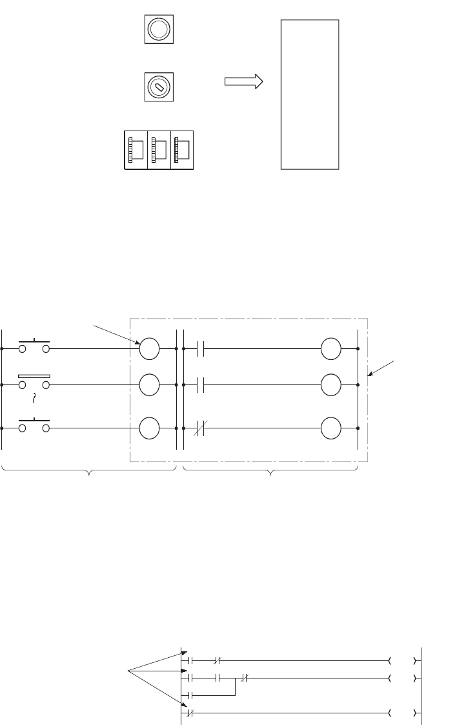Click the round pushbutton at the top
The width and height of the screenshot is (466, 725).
coord(157,28)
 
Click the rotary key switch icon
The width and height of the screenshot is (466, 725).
coord(157,86)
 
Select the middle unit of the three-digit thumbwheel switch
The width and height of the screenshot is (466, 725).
coord(159,151)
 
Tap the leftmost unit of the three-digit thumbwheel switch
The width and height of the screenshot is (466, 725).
coord(136,151)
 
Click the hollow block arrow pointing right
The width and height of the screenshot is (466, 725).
coord(243,81)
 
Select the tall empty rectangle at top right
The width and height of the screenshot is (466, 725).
coord(310,94)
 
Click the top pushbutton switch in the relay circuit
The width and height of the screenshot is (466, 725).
coord(35,346)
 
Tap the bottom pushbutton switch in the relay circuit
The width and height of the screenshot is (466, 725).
coord(35,425)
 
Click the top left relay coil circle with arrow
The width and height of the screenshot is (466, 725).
coord(149,348)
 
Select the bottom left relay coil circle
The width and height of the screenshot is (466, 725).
coord(149,428)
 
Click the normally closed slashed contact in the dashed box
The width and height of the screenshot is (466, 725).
coord(199,428)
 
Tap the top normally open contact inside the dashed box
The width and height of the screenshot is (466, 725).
coord(199,348)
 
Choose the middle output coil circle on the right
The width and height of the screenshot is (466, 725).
coord(330,384)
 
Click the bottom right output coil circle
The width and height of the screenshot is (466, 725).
coord(330,428)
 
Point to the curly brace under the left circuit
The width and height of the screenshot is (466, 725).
coord(89,474)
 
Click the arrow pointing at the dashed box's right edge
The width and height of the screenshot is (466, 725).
coord(381,366)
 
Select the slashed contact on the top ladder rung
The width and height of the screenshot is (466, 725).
coord(218,661)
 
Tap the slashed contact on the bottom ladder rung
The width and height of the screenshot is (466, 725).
coord(190,713)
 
